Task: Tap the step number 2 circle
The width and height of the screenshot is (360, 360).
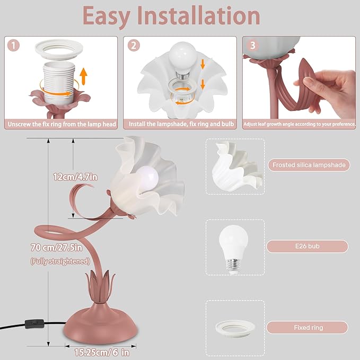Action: (134, 46)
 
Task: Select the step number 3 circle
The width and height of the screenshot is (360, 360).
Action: (253, 46)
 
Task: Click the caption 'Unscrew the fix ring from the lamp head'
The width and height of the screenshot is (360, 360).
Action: (61, 125)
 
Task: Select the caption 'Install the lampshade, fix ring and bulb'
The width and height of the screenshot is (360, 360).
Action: (180, 125)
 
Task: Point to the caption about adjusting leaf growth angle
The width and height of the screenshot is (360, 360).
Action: (300, 125)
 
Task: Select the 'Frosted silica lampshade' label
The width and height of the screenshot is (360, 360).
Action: (308, 165)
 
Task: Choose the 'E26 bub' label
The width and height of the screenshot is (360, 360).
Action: (308, 247)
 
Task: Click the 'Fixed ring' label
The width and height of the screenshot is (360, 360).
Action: (308, 328)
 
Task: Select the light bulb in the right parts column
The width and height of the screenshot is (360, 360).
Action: (234, 246)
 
